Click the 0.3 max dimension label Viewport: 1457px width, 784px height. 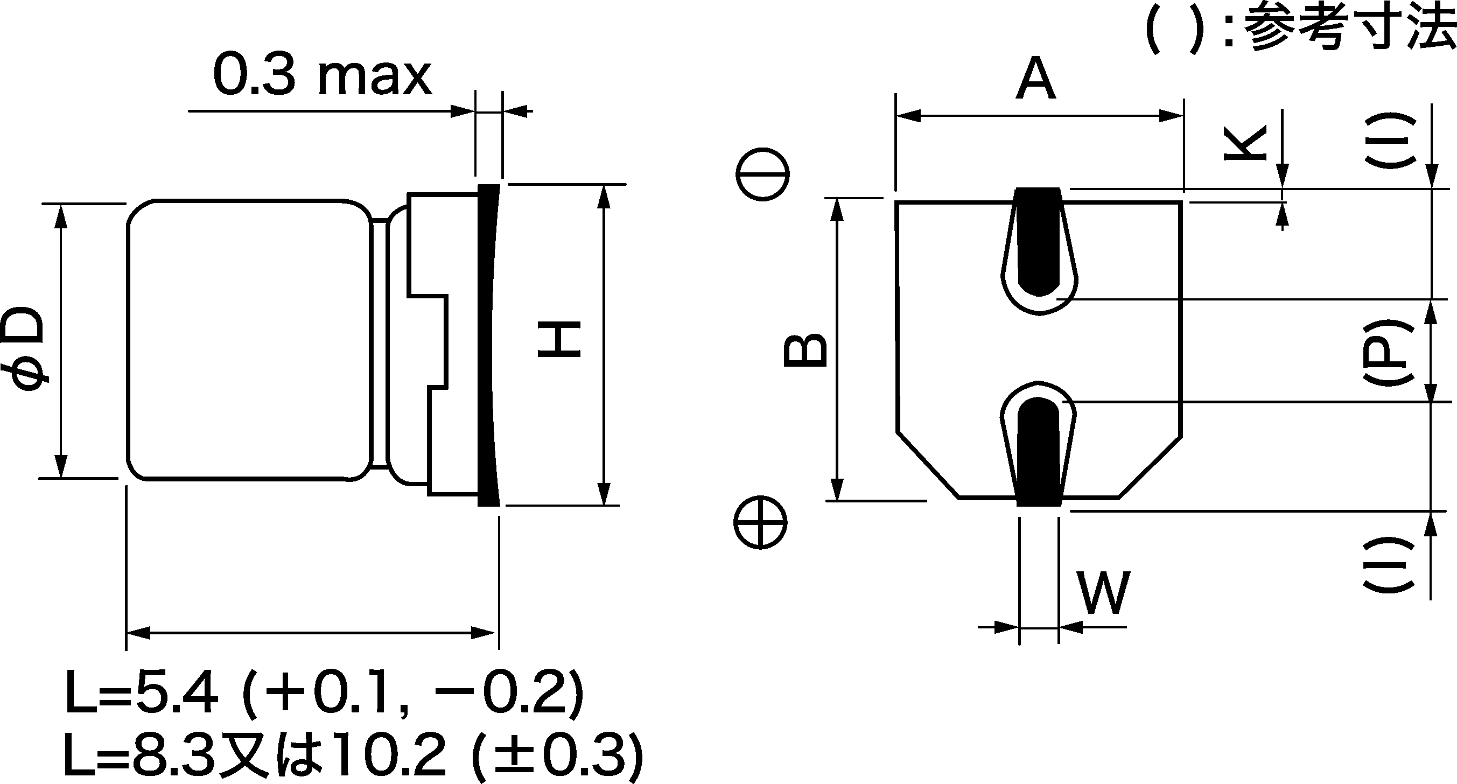click(x=323, y=76)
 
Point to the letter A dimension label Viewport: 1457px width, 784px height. click(x=1035, y=79)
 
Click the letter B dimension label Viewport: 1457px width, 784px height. click(x=805, y=351)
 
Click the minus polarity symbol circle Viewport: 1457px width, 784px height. click(x=762, y=175)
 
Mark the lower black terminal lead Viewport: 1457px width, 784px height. click(x=1039, y=452)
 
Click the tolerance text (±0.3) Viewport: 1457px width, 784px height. click(x=557, y=754)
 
